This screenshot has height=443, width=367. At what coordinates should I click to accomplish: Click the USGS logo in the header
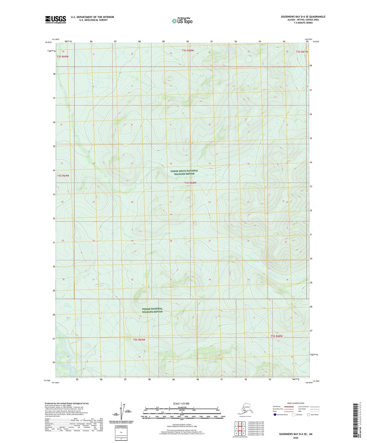tap(55, 20)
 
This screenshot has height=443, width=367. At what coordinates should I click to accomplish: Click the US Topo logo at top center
tap(182, 21)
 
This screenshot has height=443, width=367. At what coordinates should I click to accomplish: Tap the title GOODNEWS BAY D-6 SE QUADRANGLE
tap(303, 17)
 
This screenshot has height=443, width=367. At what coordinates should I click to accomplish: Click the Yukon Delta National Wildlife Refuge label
tap(184, 172)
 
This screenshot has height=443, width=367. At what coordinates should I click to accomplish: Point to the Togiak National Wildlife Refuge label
tap(152, 310)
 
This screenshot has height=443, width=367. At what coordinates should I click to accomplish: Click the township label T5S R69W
tap(139, 339)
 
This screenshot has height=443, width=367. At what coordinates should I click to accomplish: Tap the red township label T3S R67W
tap(302, 52)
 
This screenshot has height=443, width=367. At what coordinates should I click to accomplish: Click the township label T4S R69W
tap(63, 176)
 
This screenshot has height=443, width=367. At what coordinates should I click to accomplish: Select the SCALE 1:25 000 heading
tap(181, 403)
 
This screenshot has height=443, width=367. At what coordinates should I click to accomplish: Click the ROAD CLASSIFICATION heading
tap(296, 403)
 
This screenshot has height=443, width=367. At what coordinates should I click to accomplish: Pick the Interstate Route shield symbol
tap(275, 415)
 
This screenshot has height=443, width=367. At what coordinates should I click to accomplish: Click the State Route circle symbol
tap(308, 415)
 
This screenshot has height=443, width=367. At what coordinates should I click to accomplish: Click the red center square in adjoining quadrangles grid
tap(240, 429)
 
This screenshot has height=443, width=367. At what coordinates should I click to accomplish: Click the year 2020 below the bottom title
tap(296, 438)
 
